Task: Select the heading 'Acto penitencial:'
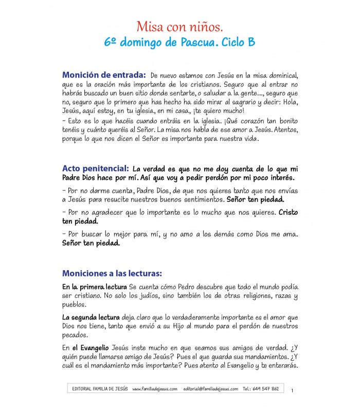[95, 168]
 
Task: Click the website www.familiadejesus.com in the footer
[155, 389]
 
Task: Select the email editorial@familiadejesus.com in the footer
[210, 389]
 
